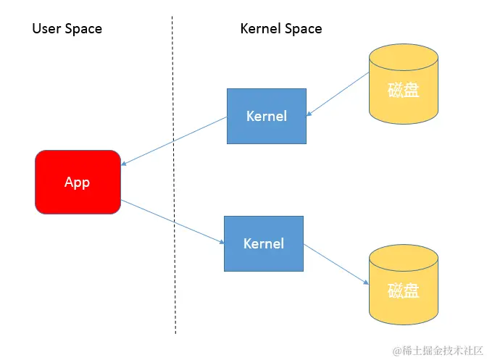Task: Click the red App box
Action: [78, 182]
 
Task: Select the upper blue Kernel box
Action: [266, 116]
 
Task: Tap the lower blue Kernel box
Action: [264, 243]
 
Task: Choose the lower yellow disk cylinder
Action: [403, 285]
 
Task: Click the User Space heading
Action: [67, 29]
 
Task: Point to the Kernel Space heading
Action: [281, 29]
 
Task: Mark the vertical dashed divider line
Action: [174, 217]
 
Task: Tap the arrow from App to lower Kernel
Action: [174, 222]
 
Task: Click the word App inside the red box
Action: [77, 183]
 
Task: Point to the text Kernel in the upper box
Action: [266, 116]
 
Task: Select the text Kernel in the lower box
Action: [264, 243]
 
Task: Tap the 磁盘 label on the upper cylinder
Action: [403, 91]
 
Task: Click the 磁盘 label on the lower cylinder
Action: [403, 291]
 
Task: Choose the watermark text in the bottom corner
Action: [433, 351]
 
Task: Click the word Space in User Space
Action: [84, 29]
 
